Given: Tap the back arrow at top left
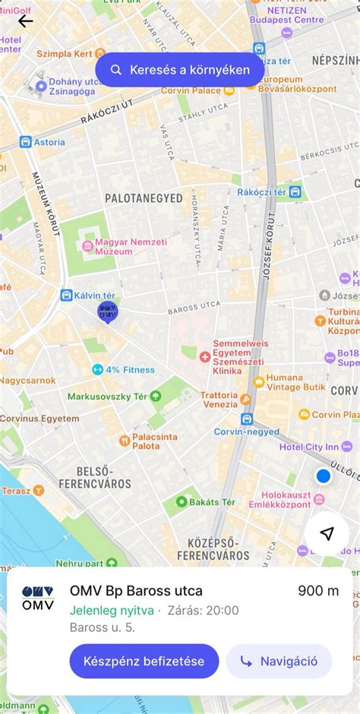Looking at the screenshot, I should tap(26, 21).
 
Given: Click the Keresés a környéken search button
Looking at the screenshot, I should tap(179, 70).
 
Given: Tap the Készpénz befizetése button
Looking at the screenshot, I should tap(144, 661).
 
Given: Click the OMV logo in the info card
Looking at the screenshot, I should tap(38, 598).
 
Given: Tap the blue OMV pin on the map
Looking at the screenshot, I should tap(108, 311).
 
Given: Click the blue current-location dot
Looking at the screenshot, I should tap(323, 476).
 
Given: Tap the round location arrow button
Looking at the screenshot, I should tap(327, 534).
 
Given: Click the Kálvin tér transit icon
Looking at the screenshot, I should tap(67, 295).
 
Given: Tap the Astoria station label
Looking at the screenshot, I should tap(49, 142).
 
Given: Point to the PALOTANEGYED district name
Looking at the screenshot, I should tap(144, 198).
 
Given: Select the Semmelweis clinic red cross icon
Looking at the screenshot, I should tap(204, 356).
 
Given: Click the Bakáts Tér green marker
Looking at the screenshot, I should tap(182, 502).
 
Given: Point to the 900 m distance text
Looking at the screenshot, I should tap(317, 591).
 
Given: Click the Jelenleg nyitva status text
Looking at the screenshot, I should tap(112, 610).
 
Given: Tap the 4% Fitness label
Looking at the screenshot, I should tap(130, 370).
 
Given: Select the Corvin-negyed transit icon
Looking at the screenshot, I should tap(247, 419).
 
